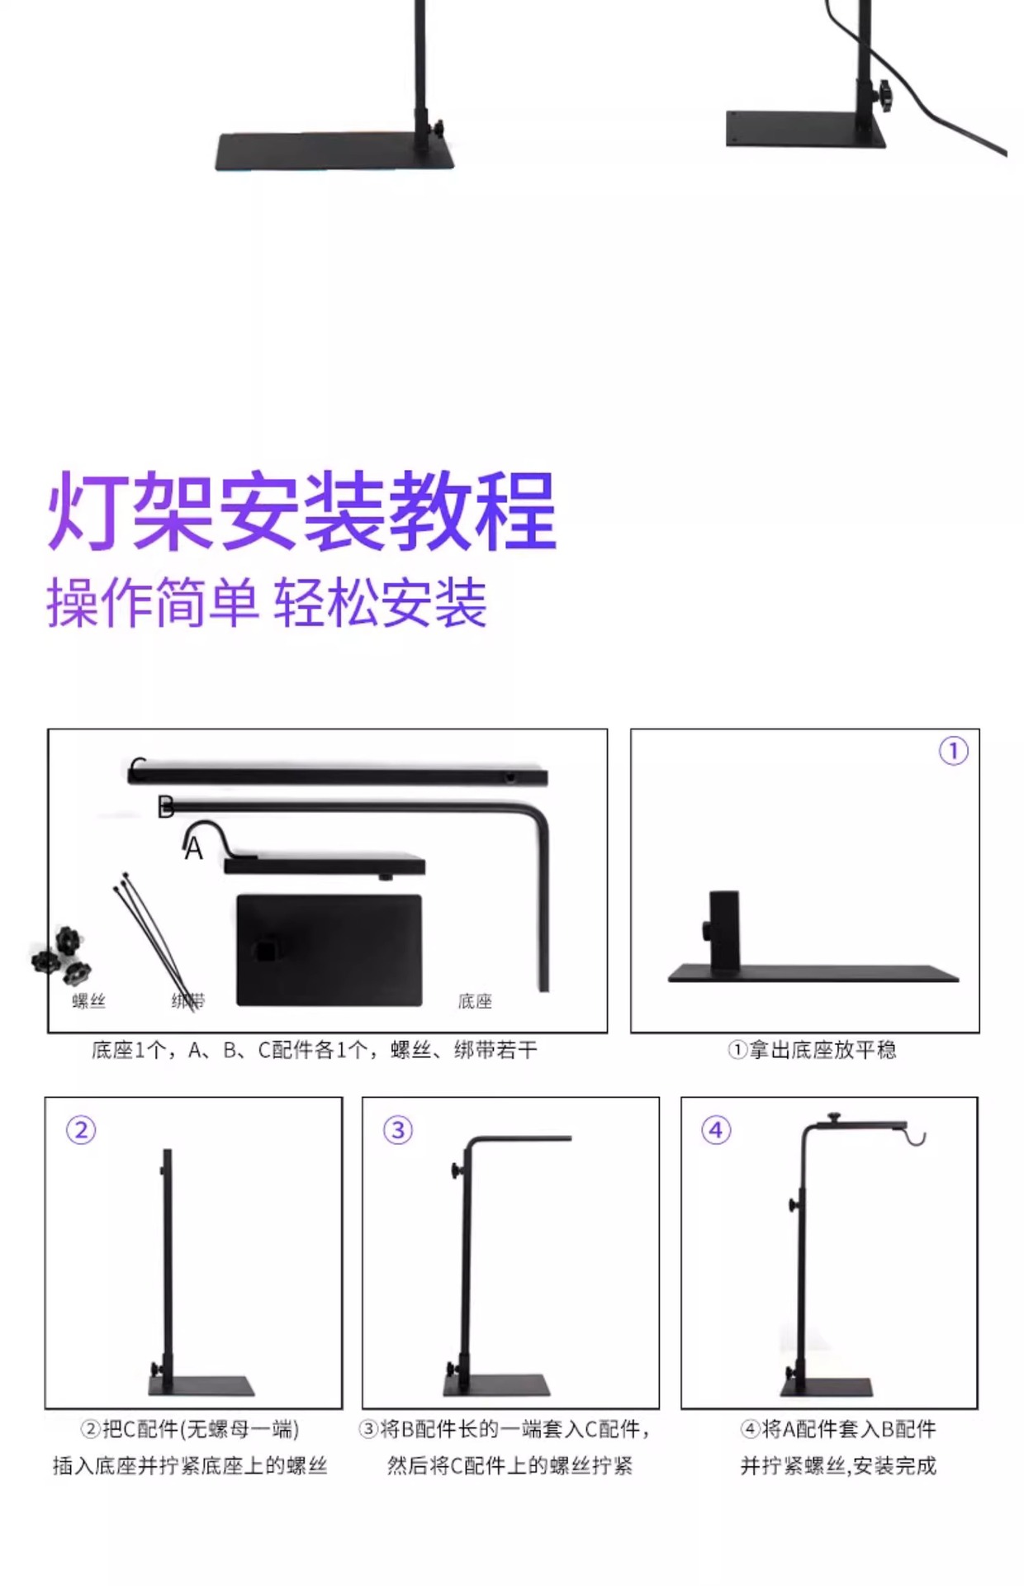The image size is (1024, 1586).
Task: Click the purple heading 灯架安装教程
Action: [302, 510]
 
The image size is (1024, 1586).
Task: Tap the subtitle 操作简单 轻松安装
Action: [267, 603]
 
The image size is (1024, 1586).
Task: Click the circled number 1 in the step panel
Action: [953, 751]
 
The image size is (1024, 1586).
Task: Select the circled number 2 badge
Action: [81, 1129]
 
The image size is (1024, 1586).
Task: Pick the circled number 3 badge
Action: [398, 1129]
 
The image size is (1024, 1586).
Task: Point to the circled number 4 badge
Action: [716, 1129]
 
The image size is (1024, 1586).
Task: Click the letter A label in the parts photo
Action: [193, 849]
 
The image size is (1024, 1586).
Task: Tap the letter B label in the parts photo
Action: [165, 807]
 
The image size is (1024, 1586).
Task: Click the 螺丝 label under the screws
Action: [88, 1001]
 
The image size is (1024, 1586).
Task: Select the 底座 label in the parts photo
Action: [475, 1001]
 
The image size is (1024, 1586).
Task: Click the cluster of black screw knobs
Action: [61, 956]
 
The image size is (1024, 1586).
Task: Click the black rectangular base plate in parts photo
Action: [329, 950]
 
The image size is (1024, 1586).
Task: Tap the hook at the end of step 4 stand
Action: [915, 1136]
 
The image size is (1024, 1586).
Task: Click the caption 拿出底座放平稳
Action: [812, 1050]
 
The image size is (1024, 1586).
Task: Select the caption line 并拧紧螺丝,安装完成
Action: [838, 1466]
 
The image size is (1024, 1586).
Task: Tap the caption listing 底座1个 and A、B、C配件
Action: [315, 1050]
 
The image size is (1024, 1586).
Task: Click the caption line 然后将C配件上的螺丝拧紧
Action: [510, 1466]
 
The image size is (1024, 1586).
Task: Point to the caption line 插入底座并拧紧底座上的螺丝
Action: [190, 1466]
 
